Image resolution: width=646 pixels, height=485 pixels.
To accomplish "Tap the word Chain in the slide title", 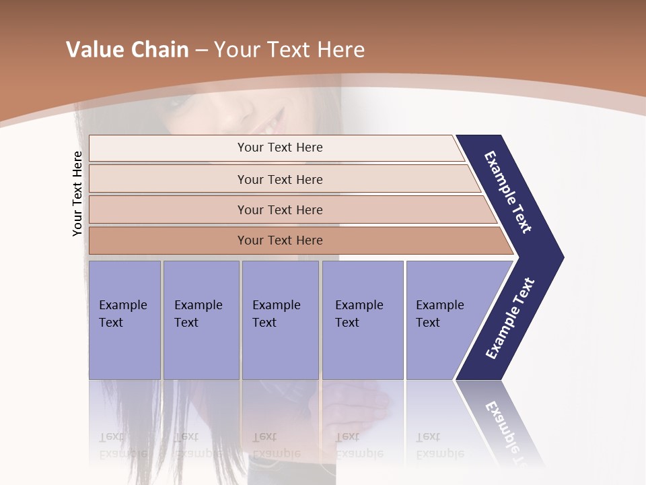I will pos(159,50).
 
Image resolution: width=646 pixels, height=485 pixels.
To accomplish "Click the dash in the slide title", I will pos(201,51).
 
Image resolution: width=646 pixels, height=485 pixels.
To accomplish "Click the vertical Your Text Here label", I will pos(77,193).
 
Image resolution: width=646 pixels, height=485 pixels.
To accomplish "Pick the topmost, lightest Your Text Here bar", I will pos(279,148).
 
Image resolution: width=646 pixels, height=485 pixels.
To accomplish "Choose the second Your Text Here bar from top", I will pos(279,179).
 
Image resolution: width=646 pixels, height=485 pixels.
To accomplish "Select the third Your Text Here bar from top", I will pos(279,209).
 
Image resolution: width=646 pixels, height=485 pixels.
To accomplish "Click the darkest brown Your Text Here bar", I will pos(279,240).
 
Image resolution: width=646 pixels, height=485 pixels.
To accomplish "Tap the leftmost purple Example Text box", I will pos(124,320).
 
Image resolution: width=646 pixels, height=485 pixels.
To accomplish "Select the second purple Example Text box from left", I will pos(201,320).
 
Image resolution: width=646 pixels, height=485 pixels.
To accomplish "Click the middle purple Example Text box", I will pos(280,320).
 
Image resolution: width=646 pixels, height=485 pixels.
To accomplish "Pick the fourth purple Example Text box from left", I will pos(363,320).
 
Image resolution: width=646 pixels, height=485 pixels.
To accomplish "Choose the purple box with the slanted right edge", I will pos(444,320).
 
